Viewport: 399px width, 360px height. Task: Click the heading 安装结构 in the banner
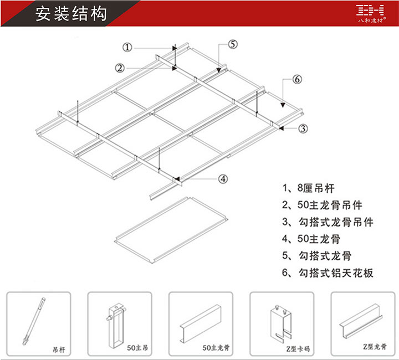[70, 14]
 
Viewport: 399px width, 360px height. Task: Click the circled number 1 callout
[128, 48]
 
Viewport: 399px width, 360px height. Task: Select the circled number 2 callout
[119, 68]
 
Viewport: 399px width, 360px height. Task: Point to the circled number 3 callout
[303, 128]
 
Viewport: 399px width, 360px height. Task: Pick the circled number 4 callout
[223, 178]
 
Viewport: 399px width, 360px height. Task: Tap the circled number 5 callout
[232, 44]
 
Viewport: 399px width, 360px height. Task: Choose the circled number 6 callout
[298, 80]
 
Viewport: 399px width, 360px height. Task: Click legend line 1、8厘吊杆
[308, 188]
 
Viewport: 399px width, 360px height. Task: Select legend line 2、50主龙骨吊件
[322, 205]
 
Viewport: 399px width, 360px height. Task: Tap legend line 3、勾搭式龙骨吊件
[328, 222]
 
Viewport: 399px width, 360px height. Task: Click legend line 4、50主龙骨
[311, 239]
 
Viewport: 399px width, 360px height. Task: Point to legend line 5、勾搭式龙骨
[316, 256]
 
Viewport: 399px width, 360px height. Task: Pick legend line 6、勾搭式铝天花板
[328, 272]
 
